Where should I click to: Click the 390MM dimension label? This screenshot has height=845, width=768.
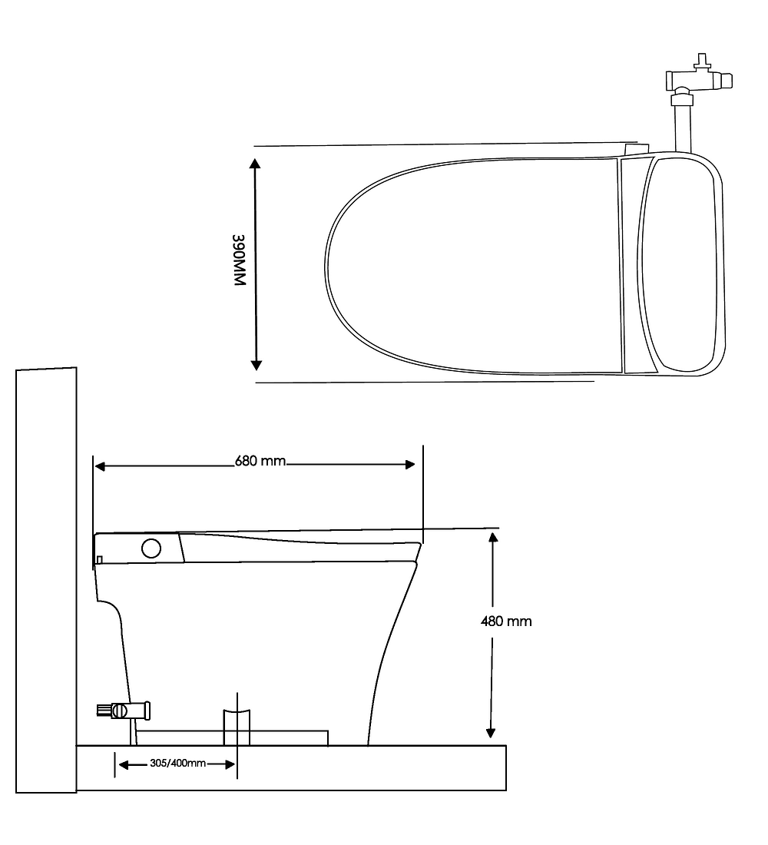(239, 260)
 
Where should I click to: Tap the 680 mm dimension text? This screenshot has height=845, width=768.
(260, 462)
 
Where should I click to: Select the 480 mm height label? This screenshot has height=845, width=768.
(506, 621)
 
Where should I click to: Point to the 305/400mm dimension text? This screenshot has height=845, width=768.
(178, 763)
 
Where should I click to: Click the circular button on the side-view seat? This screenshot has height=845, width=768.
(151, 548)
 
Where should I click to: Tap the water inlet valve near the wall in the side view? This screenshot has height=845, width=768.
(124, 711)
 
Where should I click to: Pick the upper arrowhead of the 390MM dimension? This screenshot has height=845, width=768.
(256, 164)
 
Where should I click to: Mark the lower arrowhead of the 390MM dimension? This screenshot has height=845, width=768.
(256, 365)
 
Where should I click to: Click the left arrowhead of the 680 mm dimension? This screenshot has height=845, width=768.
(100, 466)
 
